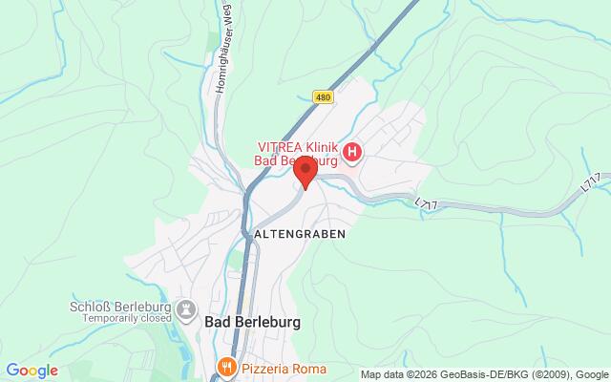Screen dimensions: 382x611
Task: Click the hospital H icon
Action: click(x=353, y=152)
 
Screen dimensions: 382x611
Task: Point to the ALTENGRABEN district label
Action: click(x=300, y=232)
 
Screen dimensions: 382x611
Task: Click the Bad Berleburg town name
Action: click(x=252, y=323)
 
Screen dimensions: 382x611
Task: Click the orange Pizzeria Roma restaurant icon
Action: click(x=226, y=367)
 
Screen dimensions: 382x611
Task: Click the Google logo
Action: click(x=32, y=371)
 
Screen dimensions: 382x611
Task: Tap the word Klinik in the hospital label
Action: click(x=325, y=146)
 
